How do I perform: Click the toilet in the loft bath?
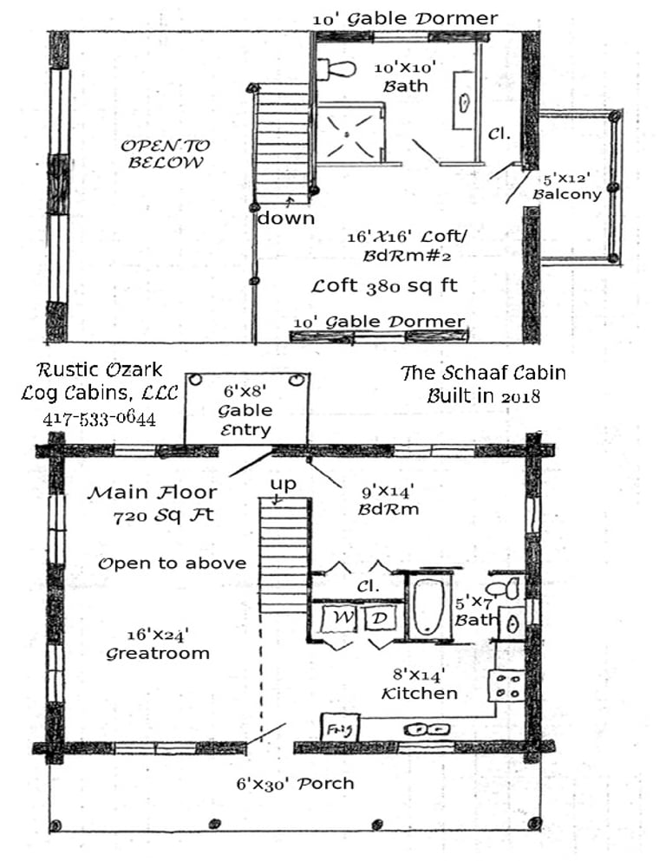(x=336, y=69)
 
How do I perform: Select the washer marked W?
(x=340, y=618)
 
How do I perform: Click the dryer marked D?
(x=380, y=618)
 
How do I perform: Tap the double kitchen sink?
(x=428, y=730)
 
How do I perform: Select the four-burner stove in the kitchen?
(x=506, y=686)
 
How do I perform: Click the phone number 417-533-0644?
(x=100, y=419)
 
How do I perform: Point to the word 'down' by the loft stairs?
(x=286, y=218)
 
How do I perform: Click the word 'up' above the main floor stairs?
(x=284, y=485)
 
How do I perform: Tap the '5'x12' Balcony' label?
(x=567, y=186)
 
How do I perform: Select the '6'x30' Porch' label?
(x=295, y=784)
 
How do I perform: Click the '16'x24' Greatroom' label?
(x=158, y=644)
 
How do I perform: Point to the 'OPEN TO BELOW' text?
(x=165, y=153)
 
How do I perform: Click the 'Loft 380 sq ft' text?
(x=384, y=286)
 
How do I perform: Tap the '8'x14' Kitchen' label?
(x=420, y=683)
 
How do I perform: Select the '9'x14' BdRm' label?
(x=388, y=499)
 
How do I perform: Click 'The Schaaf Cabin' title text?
(x=483, y=373)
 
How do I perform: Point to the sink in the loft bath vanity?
(x=465, y=102)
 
